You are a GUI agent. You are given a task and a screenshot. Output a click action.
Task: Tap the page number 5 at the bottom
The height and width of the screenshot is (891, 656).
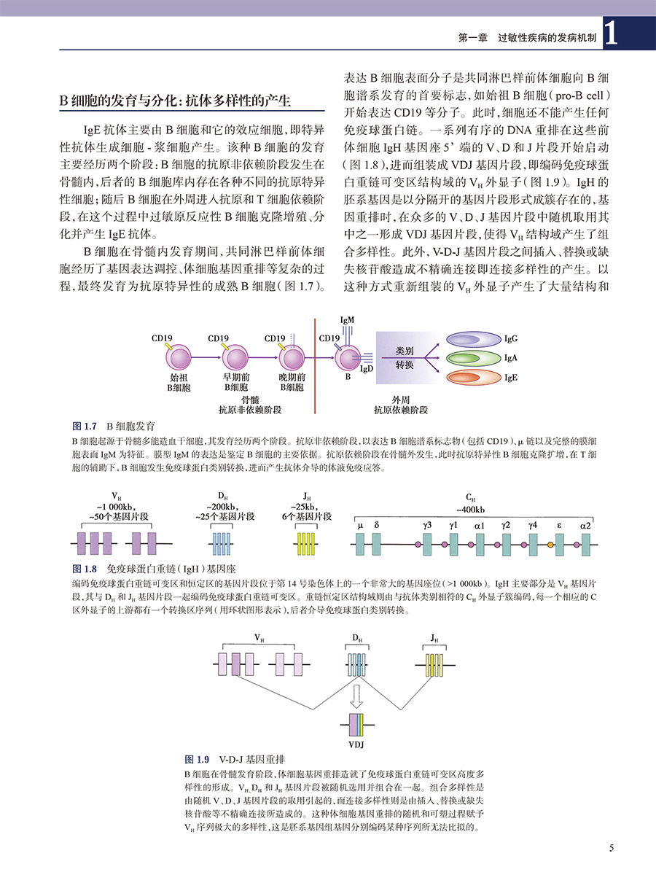tap(612, 847)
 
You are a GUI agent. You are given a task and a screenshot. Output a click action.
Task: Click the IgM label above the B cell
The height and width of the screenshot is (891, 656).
tap(347, 320)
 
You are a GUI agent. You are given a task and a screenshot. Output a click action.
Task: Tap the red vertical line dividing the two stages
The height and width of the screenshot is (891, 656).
tap(314, 365)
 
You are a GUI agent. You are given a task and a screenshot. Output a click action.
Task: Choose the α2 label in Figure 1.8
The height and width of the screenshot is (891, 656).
tap(586, 525)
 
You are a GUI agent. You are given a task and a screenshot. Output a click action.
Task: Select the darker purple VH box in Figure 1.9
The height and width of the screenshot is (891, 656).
tap(235, 665)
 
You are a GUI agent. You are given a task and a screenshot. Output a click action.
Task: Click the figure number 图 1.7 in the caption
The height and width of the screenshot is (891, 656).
tap(85, 425)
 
